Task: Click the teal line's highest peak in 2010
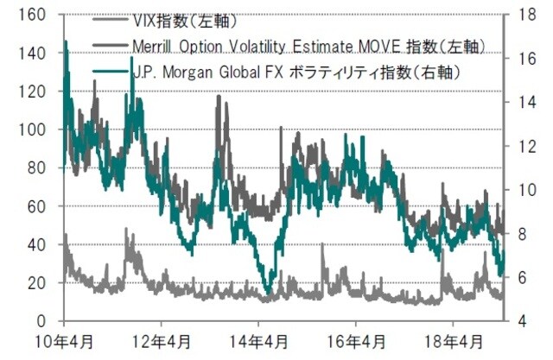click(x=66, y=41)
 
